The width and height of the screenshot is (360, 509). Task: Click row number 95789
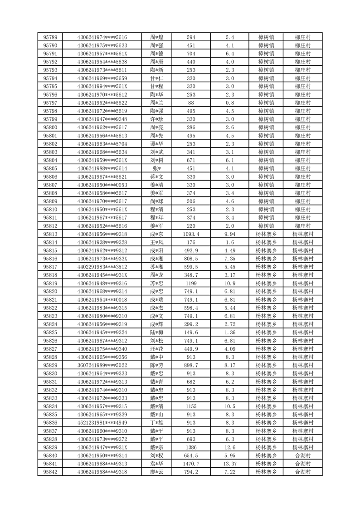(x=50, y=37)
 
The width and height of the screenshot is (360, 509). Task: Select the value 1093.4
(x=191, y=234)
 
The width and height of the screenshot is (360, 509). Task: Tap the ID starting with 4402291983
(x=102, y=267)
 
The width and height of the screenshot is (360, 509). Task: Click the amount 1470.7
(x=191, y=464)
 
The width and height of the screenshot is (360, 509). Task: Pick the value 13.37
(x=229, y=464)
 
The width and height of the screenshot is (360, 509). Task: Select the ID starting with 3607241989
(x=102, y=365)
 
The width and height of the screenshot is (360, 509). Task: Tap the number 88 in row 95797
(x=191, y=103)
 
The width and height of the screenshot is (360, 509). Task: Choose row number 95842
(x=50, y=472)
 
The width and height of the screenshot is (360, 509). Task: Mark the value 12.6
(x=229, y=447)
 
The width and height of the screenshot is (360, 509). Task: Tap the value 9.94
(x=229, y=234)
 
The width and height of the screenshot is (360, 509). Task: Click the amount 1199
(x=191, y=283)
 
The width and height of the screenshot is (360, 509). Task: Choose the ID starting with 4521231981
(x=102, y=423)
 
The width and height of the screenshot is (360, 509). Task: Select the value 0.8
(x=229, y=103)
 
